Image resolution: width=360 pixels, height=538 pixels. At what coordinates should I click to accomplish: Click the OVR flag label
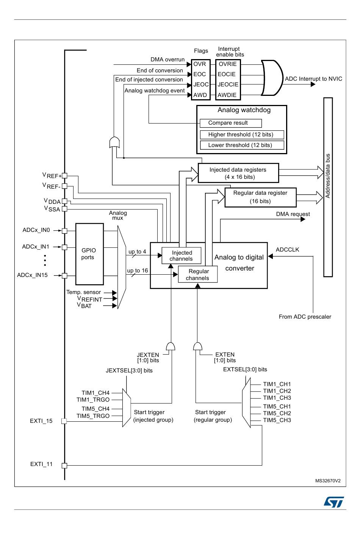200,64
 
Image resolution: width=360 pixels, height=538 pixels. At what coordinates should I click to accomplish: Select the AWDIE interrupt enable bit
227,95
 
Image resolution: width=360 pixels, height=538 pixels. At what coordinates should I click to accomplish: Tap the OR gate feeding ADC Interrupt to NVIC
272,78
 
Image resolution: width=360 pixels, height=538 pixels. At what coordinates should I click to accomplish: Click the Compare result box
230,123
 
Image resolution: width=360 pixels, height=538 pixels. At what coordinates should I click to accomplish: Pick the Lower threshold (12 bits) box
242,145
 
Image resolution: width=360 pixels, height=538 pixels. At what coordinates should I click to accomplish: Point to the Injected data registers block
238,173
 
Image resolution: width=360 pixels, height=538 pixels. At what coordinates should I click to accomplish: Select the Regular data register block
260,197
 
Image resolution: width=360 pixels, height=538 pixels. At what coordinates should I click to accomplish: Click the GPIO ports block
89,254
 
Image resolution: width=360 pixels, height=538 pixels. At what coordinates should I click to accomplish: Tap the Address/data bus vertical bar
328,187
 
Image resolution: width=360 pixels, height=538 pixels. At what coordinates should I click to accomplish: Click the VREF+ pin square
64,175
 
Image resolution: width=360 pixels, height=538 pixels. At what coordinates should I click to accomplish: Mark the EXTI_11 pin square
64,466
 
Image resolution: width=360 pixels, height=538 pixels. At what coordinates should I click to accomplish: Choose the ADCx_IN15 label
32,275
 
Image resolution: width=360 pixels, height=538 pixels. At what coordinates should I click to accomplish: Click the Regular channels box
198,274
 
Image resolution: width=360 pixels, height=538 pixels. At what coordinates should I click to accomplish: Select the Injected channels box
181,255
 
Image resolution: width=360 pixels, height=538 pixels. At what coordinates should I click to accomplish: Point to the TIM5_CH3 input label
277,420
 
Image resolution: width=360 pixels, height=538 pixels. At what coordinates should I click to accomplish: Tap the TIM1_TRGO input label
93,400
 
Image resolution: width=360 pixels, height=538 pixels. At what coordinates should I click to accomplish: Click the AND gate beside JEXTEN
171,346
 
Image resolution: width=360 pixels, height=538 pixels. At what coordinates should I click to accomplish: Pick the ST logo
333,502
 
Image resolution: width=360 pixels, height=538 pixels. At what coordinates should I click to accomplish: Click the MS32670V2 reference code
328,481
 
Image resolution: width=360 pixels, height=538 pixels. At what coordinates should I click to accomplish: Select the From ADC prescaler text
305,317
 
